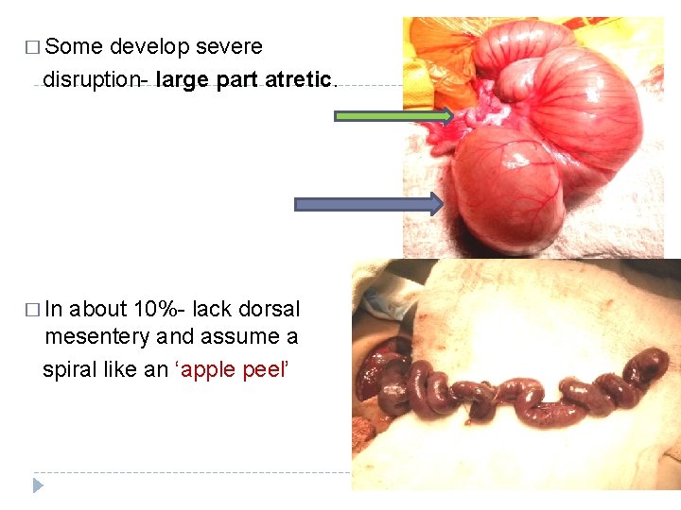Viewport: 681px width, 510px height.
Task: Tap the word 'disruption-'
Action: tap(96, 79)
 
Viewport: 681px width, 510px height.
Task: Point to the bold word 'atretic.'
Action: tap(300, 79)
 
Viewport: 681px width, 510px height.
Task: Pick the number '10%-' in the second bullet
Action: tap(162, 309)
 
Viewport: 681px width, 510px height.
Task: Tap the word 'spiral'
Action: tap(72, 369)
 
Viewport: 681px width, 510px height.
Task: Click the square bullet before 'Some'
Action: tap(34, 47)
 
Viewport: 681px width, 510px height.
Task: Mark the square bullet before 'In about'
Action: tap(34, 310)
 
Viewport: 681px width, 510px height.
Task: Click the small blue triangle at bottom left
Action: tap(38, 485)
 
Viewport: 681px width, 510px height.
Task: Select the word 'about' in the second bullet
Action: tap(98, 309)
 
